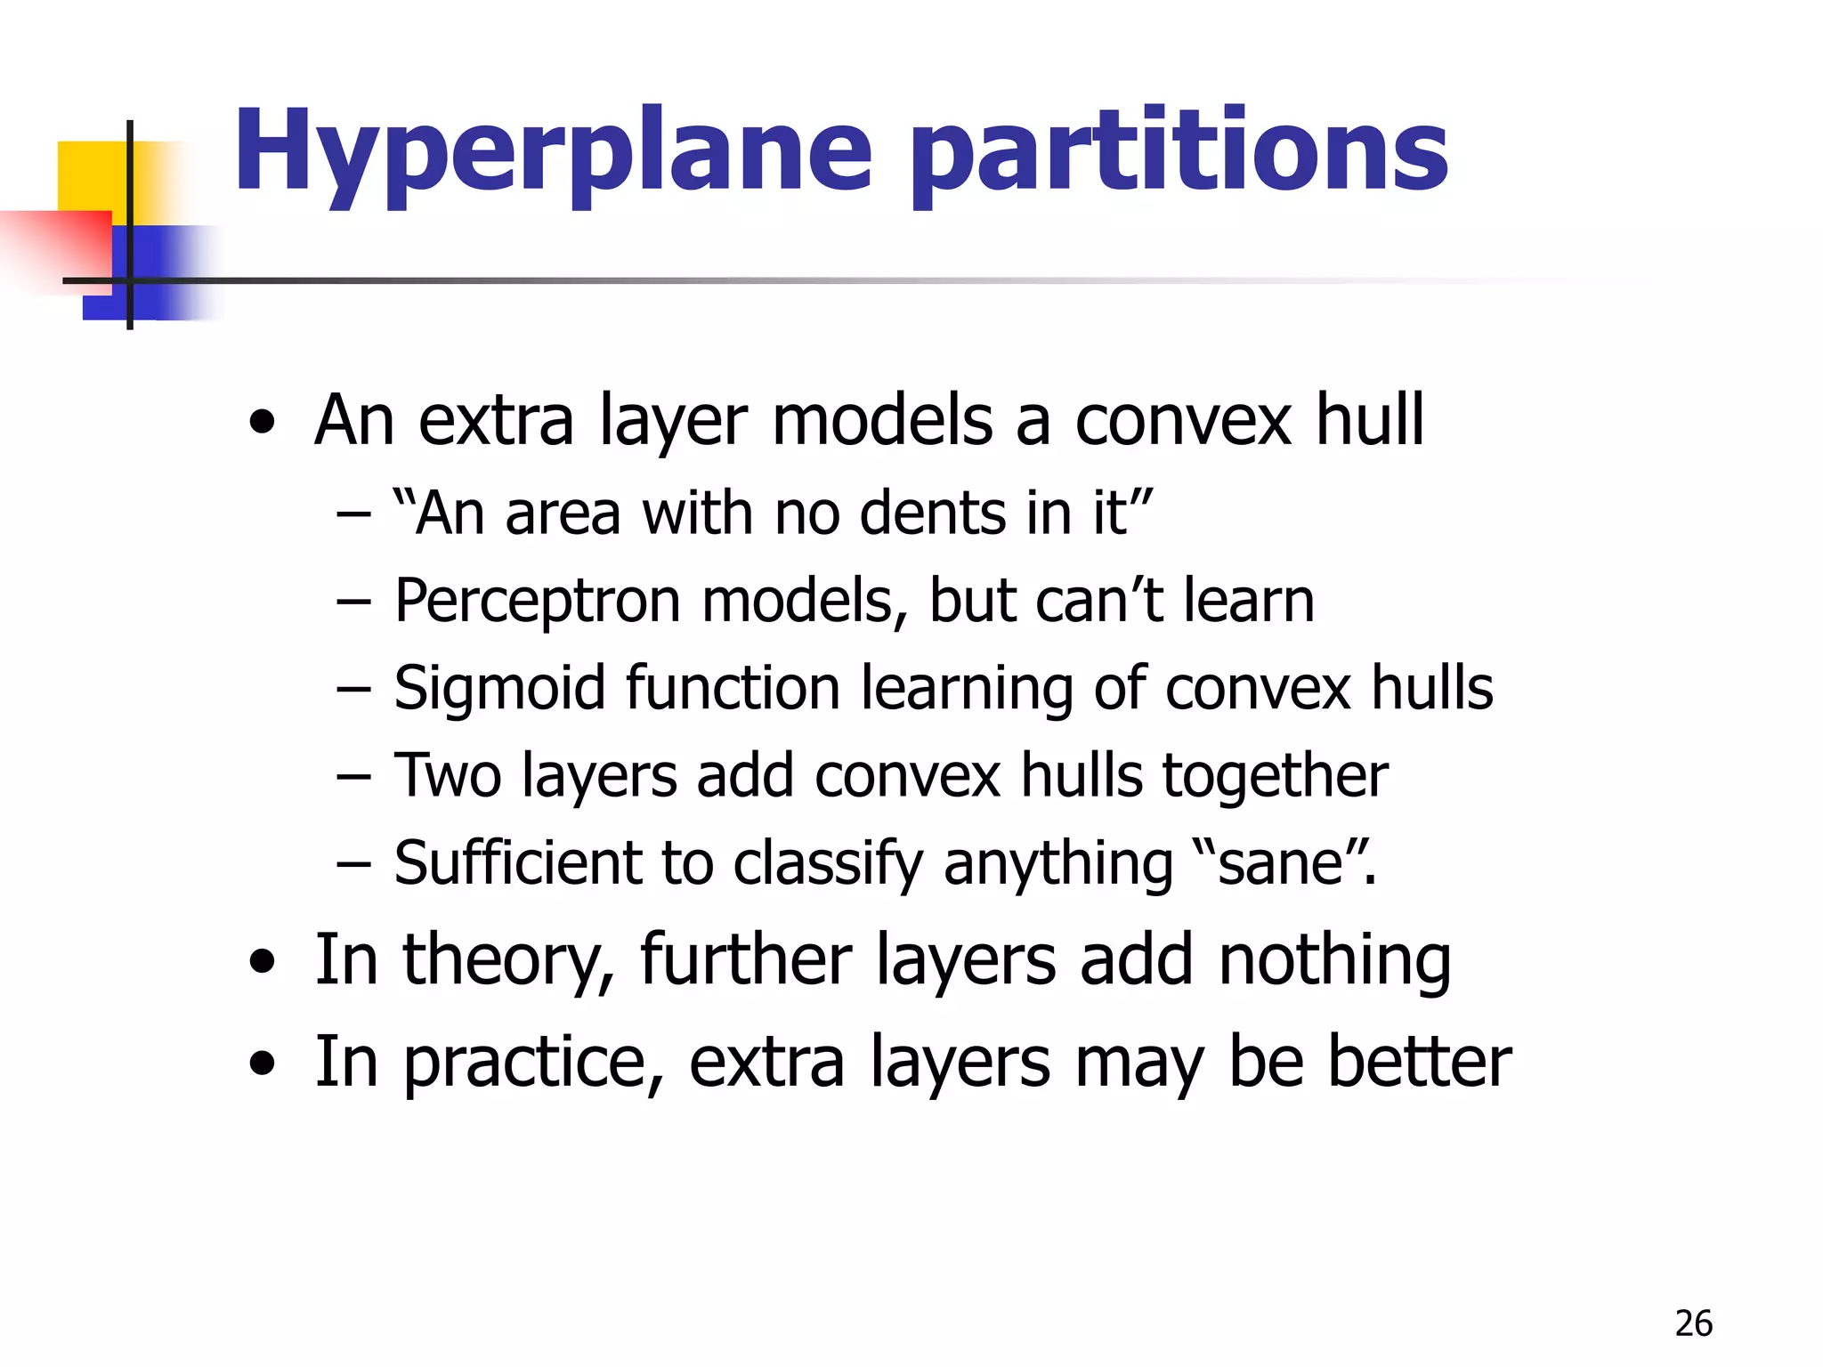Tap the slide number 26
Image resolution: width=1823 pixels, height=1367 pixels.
pos(1693,1324)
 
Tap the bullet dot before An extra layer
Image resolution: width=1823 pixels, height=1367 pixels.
pos(262,424)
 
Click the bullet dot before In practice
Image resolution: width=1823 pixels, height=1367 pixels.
pos(262,1063)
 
